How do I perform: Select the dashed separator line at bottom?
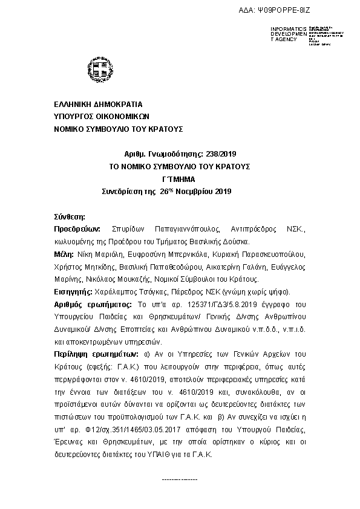[180, 479]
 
